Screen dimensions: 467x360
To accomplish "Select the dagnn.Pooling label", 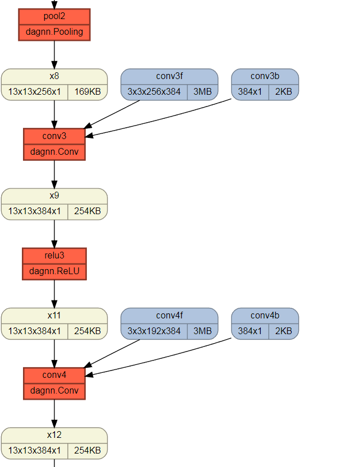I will [x=54, y=32].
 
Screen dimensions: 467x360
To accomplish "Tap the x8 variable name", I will [x=54, y=76].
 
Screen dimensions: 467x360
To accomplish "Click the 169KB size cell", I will [x=87, y=92].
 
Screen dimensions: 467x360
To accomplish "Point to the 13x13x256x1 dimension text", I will [x=35, y=92].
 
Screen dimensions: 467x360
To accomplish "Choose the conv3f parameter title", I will [x=169, y=76].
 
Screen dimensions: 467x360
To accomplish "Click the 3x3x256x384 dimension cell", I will [x=154, y=92].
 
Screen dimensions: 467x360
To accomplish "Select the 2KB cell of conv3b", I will [x=283, y=92].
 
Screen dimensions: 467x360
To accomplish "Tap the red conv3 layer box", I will [x=54, y=144].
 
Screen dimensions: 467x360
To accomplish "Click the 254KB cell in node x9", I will [x=87, y=211].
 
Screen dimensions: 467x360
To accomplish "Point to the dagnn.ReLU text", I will [x=54, y=271].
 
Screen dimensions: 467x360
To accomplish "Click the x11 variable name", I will [x=54, y=316].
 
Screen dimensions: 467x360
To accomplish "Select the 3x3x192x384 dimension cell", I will [x=154, y=331].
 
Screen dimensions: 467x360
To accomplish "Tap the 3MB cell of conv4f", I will [x=202, y=331].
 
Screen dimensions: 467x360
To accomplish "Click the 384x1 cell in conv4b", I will [x=250, y=331].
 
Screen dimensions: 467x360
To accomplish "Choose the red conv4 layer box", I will [x=54, y=383].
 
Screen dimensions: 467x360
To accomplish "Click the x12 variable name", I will [x=54, y=435].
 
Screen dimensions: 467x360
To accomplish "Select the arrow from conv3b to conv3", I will [x=163, y=117].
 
